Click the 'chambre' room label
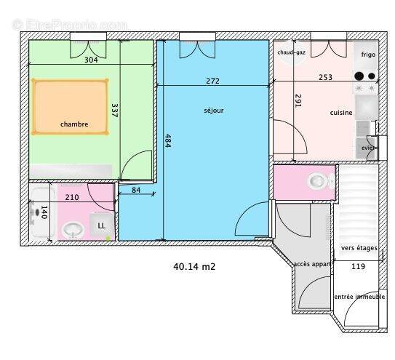(74, 124)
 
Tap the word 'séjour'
(214, 111)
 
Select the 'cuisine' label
(340, 113)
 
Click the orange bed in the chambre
(71, 106)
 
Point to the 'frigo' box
(364, 53)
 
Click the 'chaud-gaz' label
(291, 52)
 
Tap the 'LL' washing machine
(102, 225)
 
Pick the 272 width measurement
(212, 81)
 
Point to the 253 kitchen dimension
(325, 76)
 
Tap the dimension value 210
(72, 197)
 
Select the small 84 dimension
(137, 191)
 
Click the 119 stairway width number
(358, 266)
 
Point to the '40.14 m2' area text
(194, 266)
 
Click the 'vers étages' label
(359, 248)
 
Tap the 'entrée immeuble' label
(359, 297)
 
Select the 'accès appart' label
(312, 264)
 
